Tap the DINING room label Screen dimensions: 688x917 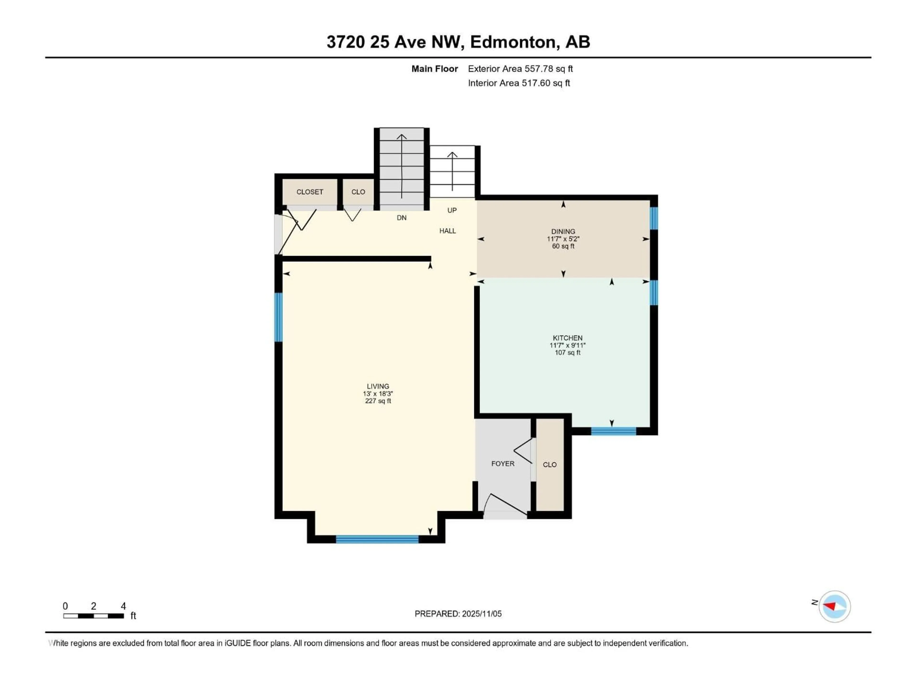point(563,231)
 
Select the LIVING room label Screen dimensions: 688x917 point(378,386)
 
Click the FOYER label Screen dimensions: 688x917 point(502,464)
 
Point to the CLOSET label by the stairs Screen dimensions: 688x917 point(310,192)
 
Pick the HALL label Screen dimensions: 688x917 point(447,231)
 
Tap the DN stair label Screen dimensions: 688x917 point(401,218)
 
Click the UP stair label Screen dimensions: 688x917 point(452,210)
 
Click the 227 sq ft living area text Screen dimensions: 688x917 point(378,401)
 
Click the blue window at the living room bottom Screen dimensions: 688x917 point(377,539)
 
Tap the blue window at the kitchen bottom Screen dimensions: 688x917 point(613,431)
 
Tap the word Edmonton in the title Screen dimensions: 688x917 point(512,42)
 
